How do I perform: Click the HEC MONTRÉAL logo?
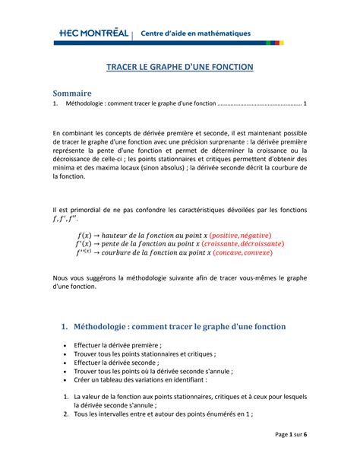[x=94, y=33]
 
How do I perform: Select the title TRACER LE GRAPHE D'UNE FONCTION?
[x=179, y=68]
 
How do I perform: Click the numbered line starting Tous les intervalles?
[x=163, y=414]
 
